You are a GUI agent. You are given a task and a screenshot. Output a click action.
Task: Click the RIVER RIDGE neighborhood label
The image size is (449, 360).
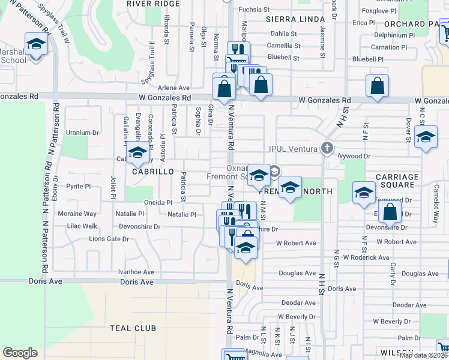(x=153, y=4)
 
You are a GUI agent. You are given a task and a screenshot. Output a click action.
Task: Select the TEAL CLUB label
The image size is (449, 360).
(x=133, y=328)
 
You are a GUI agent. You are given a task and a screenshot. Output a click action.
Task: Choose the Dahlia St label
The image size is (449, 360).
(x=285, y=34)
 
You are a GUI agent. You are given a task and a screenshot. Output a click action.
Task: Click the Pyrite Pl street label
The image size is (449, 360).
(x=79, y=187)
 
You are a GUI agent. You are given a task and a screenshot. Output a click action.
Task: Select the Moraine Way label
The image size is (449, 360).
(x=77, y=214)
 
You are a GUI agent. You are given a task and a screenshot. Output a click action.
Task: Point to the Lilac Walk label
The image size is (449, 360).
(x=82, y=226)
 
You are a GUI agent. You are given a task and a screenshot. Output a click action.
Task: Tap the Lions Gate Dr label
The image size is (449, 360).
(x=109, y=239)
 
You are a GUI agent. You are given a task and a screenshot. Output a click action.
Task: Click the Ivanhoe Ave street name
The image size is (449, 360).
(x=136, y=272)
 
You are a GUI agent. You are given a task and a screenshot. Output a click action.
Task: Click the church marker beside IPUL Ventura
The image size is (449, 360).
(x=327, y=147)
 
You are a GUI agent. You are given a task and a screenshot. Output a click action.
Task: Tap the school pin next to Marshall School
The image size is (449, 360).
(x=36, y=44)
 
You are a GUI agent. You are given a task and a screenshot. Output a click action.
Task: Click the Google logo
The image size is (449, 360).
(x=20, y=353)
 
